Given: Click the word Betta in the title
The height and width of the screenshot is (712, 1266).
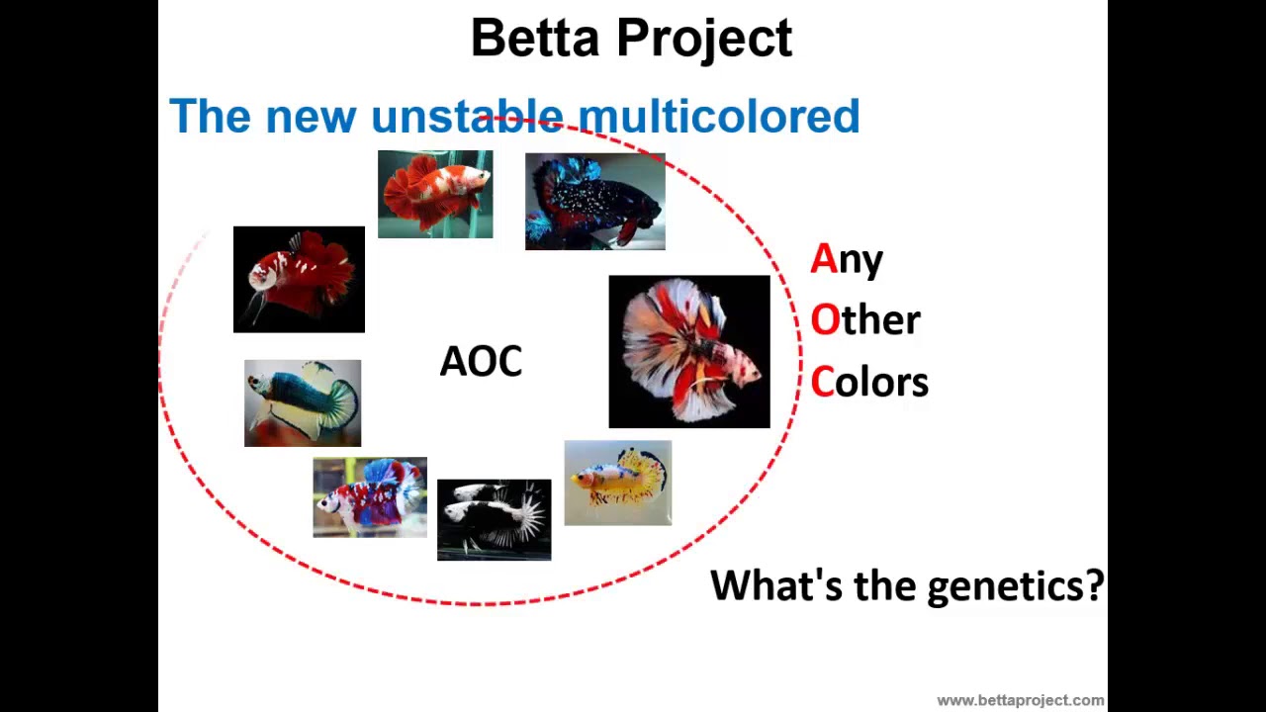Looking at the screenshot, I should coord(534,39).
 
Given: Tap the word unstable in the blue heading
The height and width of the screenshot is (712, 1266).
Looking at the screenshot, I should coord(467,117).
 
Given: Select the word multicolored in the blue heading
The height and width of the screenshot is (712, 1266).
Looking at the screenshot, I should coord(719,117).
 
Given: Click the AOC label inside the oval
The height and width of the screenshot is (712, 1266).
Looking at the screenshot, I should coord(481,362).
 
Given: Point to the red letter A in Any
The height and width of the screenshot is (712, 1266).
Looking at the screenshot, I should coord(823,259).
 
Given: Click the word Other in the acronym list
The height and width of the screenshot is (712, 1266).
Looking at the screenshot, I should coord(865,319).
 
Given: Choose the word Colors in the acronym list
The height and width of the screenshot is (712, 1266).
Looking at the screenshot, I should coord(869,383).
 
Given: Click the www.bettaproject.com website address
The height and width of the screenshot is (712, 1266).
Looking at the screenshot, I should coord(1020,700).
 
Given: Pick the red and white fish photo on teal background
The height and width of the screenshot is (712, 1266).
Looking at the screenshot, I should coord(435,194).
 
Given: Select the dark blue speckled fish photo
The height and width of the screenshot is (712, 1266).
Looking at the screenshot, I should coord(594,202).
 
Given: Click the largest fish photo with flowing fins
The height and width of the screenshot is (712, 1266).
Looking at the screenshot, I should coord(688,351).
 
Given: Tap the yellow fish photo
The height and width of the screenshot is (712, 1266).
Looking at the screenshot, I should coord(617,483).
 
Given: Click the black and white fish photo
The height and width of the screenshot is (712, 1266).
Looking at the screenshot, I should coord(494,519).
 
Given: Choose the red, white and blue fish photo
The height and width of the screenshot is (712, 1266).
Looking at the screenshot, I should coord(370,497).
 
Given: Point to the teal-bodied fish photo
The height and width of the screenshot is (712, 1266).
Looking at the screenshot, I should coord(303,402).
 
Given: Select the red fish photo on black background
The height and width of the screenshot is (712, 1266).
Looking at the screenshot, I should coord(299,279).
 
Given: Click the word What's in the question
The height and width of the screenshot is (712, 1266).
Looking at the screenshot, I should coord(776,585).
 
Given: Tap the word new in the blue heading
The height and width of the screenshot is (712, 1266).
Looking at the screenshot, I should coord(311,117).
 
